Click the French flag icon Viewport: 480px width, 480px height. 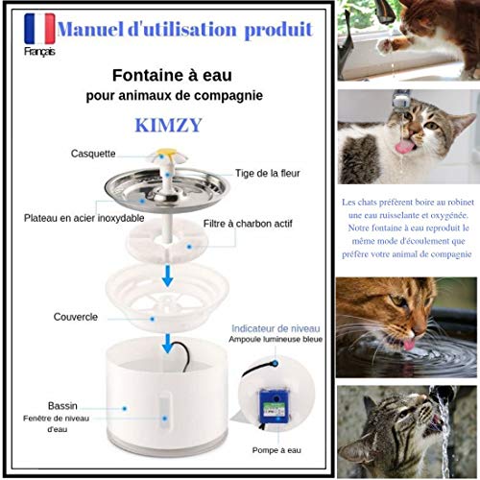click(39, 29)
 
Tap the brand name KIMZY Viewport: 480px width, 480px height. click(168, 125)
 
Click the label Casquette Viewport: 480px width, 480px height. click(93, 154)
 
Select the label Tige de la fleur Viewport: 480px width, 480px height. click(268, 173)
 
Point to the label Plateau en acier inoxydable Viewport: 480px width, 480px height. click(84, 218)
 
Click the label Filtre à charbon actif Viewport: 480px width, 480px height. click(248, 224)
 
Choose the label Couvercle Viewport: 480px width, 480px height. click(76, 317)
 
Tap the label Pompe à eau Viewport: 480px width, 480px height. click(276, 450)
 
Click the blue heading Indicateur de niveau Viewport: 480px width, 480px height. click(276, 328)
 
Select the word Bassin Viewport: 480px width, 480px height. click(62, 406)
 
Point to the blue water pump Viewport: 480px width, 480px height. click(274, 406)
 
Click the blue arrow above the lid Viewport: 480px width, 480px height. click(167, 276)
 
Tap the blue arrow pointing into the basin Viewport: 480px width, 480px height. click(167, 344)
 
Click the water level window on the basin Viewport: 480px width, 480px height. click(165, 412)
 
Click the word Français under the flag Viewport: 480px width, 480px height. click(39, 52)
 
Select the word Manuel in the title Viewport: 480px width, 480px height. click(90, 30)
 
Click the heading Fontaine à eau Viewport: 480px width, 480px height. click(172, 76)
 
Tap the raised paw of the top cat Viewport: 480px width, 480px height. click(385, 45)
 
